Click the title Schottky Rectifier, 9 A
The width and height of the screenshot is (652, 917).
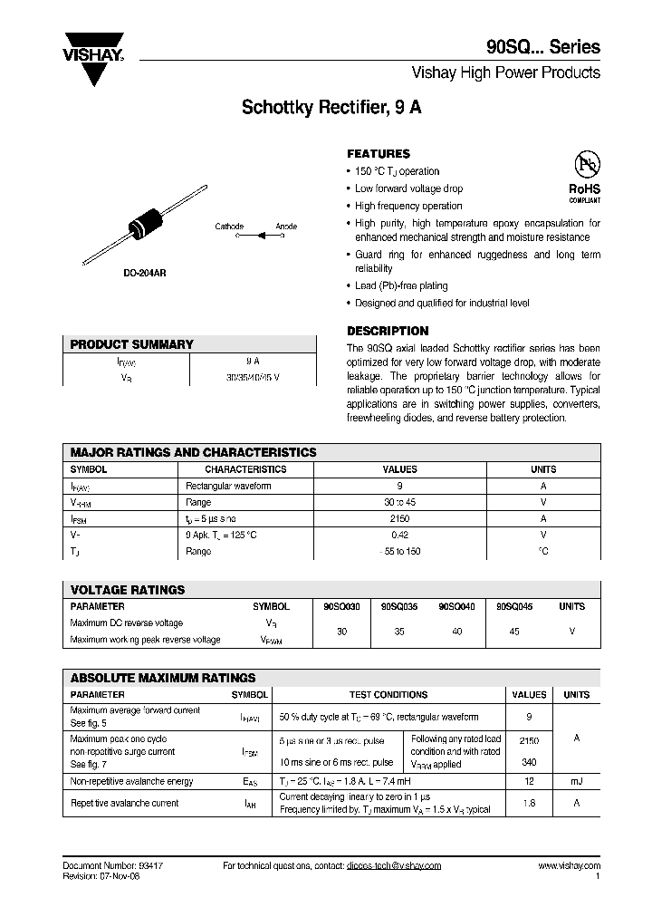[x=331, y=106]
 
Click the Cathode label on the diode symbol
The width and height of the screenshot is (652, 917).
[x=228, y=226]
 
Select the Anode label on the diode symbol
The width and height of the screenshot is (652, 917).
[x=286, y=226]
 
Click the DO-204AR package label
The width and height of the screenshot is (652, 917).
[x=145, y=272]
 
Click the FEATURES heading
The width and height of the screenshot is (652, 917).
[x=379, y=154]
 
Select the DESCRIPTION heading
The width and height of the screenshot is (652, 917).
[x=388, y=332]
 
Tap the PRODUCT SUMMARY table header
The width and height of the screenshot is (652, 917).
[x=132, y=344]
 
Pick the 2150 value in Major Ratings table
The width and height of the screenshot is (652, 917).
[x=399, y=518]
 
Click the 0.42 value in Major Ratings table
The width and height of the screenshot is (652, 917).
[x=399, y=535]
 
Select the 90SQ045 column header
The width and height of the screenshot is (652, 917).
[x=514, y=606]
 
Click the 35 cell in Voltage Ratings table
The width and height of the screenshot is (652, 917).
[x=399, y=632]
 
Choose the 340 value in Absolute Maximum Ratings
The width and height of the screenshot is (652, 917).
[x=529, y=762]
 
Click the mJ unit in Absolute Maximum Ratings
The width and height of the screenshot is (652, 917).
[x=576, y=781]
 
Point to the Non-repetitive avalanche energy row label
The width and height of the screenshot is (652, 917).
[x=131, y=781]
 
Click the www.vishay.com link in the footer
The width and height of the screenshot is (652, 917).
[x=569, y=866]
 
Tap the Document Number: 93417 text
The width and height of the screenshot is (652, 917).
[x=113, y=866]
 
